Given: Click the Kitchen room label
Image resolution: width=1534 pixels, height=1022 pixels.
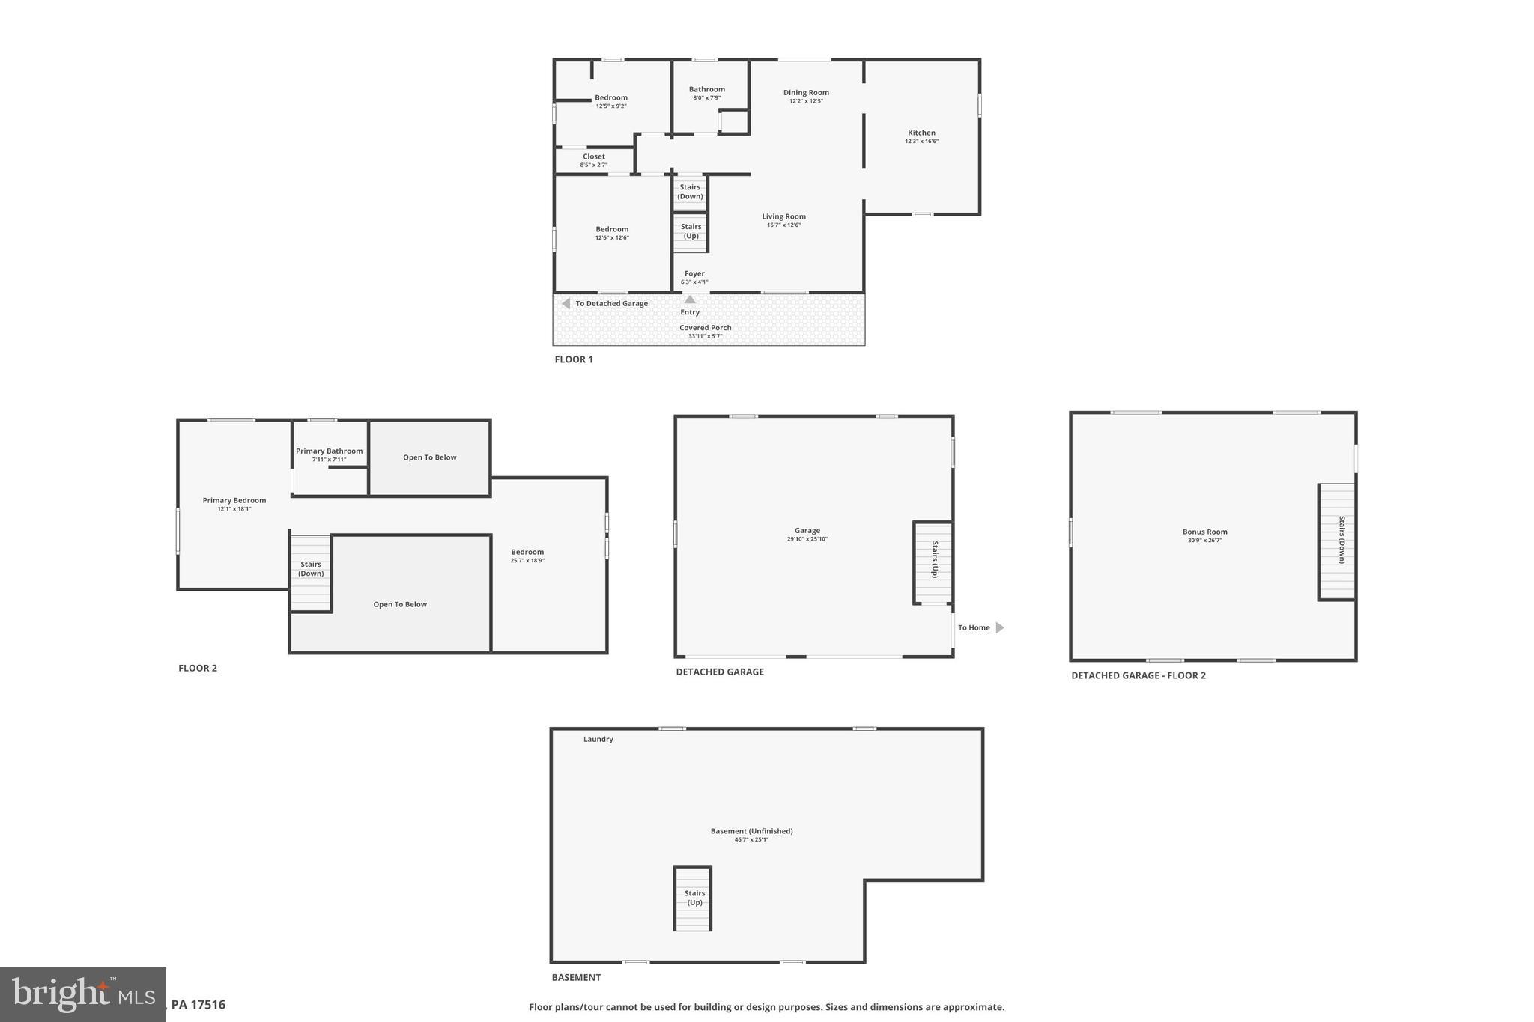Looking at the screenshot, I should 921,133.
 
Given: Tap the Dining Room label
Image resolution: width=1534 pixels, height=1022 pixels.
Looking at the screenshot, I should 806,93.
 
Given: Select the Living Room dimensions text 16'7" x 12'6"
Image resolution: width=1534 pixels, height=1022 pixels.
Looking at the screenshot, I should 783,225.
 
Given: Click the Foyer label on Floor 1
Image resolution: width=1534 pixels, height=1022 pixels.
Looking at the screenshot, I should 694,274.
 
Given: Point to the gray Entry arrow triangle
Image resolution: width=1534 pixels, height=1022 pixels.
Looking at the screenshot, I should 690,299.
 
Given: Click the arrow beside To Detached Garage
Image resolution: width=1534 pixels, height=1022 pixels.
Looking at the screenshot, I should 566,304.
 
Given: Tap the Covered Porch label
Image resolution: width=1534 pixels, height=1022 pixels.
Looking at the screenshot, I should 705,328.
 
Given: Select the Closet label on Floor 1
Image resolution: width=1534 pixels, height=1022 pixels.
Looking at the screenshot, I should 593,157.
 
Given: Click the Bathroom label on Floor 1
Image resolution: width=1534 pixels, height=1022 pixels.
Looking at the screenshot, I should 706,89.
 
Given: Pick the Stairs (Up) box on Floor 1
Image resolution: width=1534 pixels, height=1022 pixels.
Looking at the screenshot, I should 691,231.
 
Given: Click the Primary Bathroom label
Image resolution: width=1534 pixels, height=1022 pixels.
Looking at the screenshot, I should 329,451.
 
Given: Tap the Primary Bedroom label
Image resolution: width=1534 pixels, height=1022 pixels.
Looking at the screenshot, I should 234,501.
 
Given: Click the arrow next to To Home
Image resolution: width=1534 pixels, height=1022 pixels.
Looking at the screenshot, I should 999,628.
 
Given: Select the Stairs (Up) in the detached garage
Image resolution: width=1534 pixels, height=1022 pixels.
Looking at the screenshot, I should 933,562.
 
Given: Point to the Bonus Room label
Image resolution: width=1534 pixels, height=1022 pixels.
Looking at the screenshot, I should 1204,532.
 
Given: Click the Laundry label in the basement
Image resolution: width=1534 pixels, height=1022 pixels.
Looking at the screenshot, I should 598,740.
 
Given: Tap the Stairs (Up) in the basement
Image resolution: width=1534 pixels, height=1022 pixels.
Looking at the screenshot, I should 693,898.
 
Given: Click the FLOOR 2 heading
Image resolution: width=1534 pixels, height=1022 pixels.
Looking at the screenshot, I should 198,669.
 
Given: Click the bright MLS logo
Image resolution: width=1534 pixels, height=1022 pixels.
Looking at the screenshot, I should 82,994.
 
